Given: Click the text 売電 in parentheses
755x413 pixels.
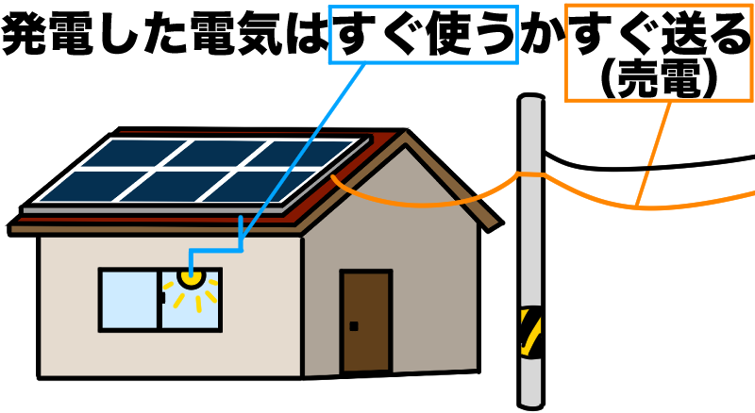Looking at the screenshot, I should pos(660,82).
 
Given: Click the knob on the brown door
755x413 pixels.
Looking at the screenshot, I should pos(354,326).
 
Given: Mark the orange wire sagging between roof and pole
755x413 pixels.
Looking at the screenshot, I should pos(425,201).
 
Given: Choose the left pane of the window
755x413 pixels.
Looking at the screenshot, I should pos(130,299).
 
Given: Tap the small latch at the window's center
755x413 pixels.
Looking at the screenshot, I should pos(162,298).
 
